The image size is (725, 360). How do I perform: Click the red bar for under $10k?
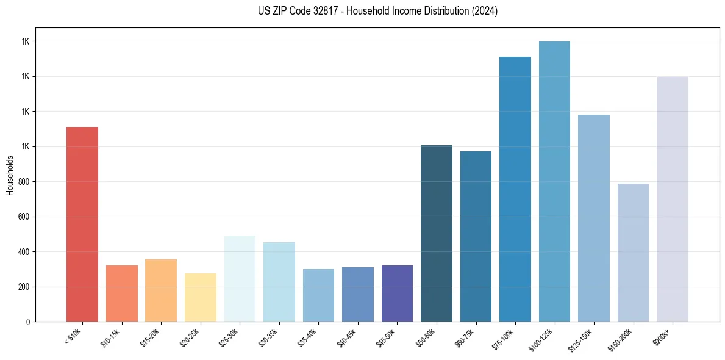click(x=82, y=224)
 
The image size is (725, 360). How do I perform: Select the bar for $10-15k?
click(x=121, y=293)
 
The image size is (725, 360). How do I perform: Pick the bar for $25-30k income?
click(x=240, y=278)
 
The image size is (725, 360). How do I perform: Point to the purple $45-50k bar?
click(x=397, y=293)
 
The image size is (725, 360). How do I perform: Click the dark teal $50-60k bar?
click(x=437, y=233)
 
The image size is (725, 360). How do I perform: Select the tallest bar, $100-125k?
click(x=554, y=181)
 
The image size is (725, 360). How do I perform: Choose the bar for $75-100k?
click(x=515, y=189)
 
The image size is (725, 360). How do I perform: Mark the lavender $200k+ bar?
click(x=673, y=199)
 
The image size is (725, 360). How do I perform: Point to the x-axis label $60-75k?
click(x=465, y=338)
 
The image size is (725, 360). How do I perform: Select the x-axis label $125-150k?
click(x=582, y=340)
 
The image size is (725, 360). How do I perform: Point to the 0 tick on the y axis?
click(x=28, y=322)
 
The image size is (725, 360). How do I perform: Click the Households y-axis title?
click(x=10, y=175)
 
